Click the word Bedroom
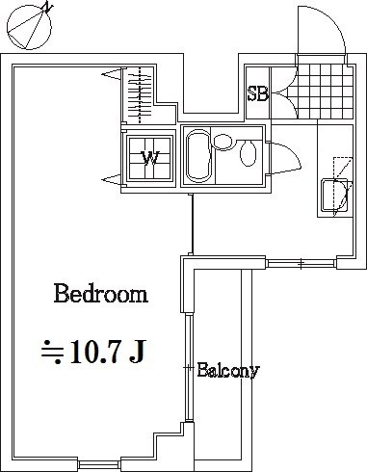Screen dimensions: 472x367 coord(100,294)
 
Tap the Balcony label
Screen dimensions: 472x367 coord(228,370)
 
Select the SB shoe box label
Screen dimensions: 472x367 coord(257,94)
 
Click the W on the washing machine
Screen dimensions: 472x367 coord(151,158)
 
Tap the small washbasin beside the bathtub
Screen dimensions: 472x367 coord(223,144)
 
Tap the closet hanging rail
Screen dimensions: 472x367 coord(142,94)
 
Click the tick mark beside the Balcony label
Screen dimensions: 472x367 coord(191,368)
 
